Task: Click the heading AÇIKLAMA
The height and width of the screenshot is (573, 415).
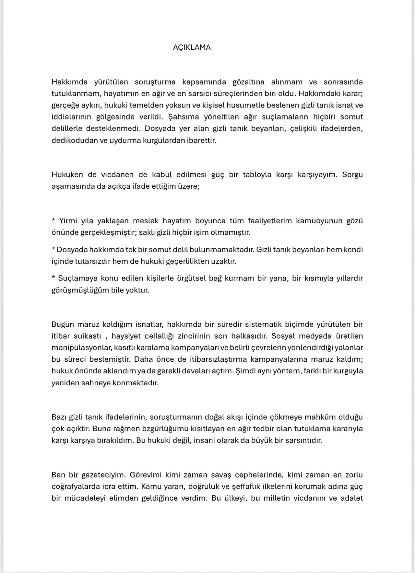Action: pyautogui.click(x=192, y=47)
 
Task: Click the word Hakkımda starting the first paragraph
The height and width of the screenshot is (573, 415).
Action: pyautogui.click(x=69, y=82)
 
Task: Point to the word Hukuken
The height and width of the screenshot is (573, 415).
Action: pyautogui.click(x=67, y=175)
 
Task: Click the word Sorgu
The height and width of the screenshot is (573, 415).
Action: pyautogui.click(x=352, y=175)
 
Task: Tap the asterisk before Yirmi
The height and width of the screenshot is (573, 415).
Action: pyautogui.click(x=53, y=221)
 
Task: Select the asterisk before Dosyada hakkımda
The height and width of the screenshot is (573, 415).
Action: pyautogui.click(x=53, y=250)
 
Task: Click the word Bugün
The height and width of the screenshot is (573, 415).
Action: pyautogui.click(x=63, y=324)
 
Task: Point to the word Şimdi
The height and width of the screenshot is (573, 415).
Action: pyautogui.click(x=245, y=371)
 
